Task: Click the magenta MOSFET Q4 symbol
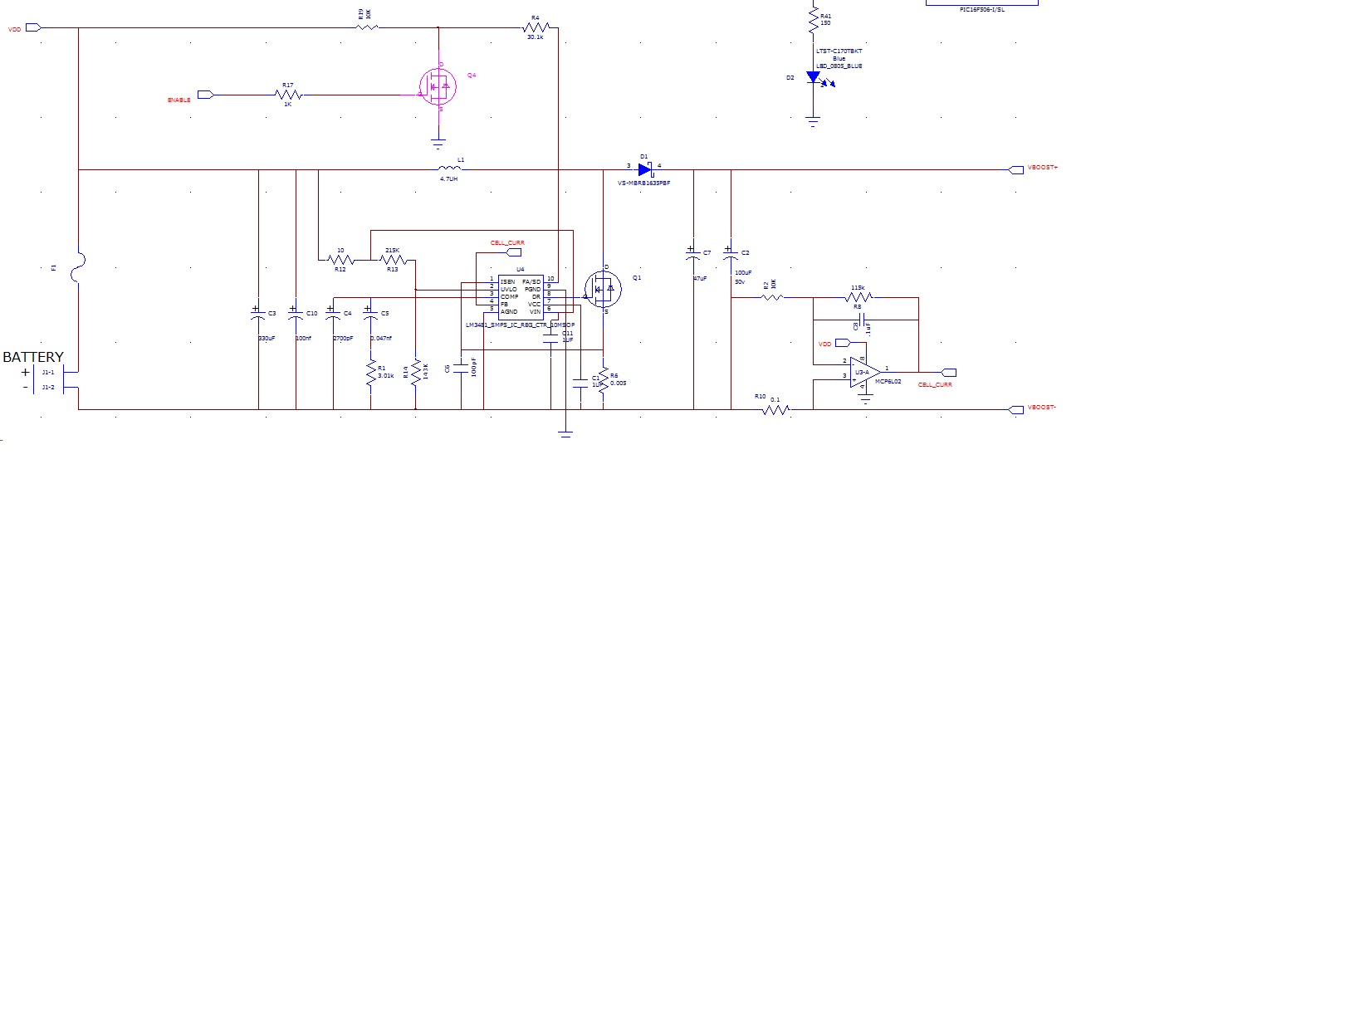pos(438,85)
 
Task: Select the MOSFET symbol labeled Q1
pos(604,289)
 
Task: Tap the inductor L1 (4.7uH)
pos(448,169)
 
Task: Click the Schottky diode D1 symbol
pos(644,169)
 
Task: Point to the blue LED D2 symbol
pos(814,77)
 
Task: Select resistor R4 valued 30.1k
pos(535,27)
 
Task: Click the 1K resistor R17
pos(288,95)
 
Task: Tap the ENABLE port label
pos(179,100)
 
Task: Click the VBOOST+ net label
pos(1042,168)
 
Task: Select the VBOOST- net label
pos(1042,408)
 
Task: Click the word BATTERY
pos(33,357)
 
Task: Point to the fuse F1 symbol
pos(78,267)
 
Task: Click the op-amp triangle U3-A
pos(864,372)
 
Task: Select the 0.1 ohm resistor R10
pos(775,408)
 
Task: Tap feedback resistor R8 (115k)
pos(858,296)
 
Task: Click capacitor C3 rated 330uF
pos(258,313)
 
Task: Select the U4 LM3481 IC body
pos(521,296)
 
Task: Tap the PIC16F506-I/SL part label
pos(981,10)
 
